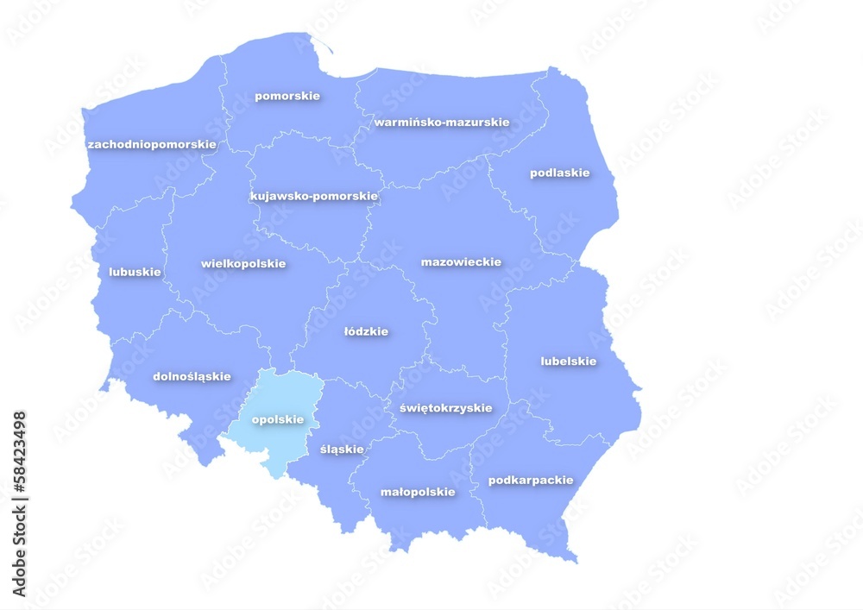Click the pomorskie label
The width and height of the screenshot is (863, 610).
coord(287,96)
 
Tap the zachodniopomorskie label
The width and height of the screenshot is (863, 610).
coord(152,144)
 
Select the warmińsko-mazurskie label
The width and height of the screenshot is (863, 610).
coord(441,122)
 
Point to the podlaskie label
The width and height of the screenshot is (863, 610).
coord(559,173)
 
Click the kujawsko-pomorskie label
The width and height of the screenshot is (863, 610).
coord(314,196)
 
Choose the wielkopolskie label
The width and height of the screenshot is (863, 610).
coord(243,263)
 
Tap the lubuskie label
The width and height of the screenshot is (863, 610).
coord(135,272)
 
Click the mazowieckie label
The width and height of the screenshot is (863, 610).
coord(461,261)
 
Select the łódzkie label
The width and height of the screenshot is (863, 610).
coord(366,331)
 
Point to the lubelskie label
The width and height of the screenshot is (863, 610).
coord(568,362)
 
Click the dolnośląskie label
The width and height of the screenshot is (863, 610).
coord(192,376)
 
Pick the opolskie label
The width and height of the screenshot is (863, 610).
coord(277,419)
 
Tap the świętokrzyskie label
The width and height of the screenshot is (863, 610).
coord(445,407)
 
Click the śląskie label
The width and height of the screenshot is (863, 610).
coord(342,450)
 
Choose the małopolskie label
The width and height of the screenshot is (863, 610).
coord(418,492)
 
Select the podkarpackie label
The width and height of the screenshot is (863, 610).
coord(530,480)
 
